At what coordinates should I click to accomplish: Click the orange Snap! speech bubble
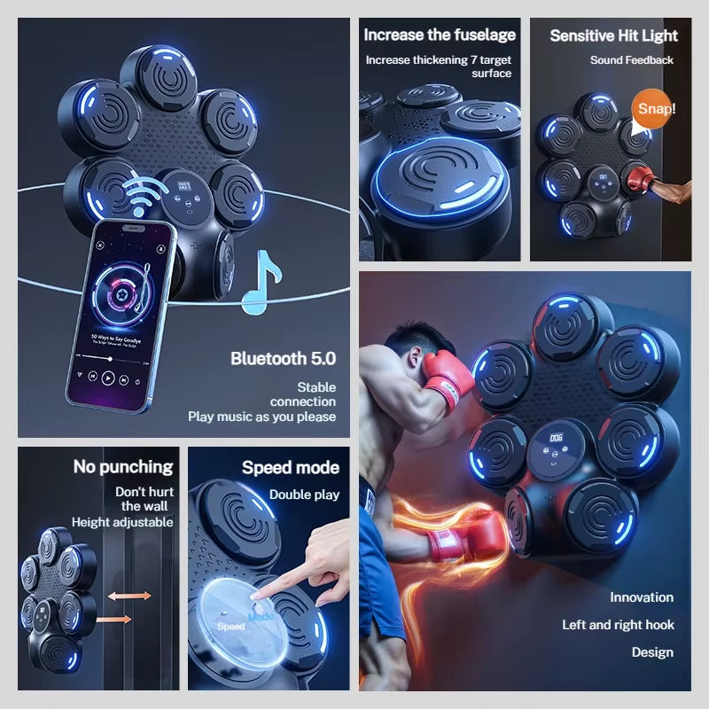tap(656, 109)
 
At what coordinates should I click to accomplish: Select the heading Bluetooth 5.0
tap(283, 358)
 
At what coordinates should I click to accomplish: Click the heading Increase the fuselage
tap(440, 35)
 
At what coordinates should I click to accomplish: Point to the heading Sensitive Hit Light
tap(613, 36)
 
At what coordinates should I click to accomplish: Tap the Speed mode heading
tap(291, 467)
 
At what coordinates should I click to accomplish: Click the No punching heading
tap(123, 466)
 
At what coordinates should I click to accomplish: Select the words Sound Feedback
tap(632, 60)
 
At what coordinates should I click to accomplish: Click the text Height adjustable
tap(122, 522)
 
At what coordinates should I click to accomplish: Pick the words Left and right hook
tap(618, 625)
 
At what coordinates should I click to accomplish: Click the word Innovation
tap(642, 597)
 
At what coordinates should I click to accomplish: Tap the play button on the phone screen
tap(108, 378)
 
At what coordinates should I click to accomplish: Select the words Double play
tap(304, 495)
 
